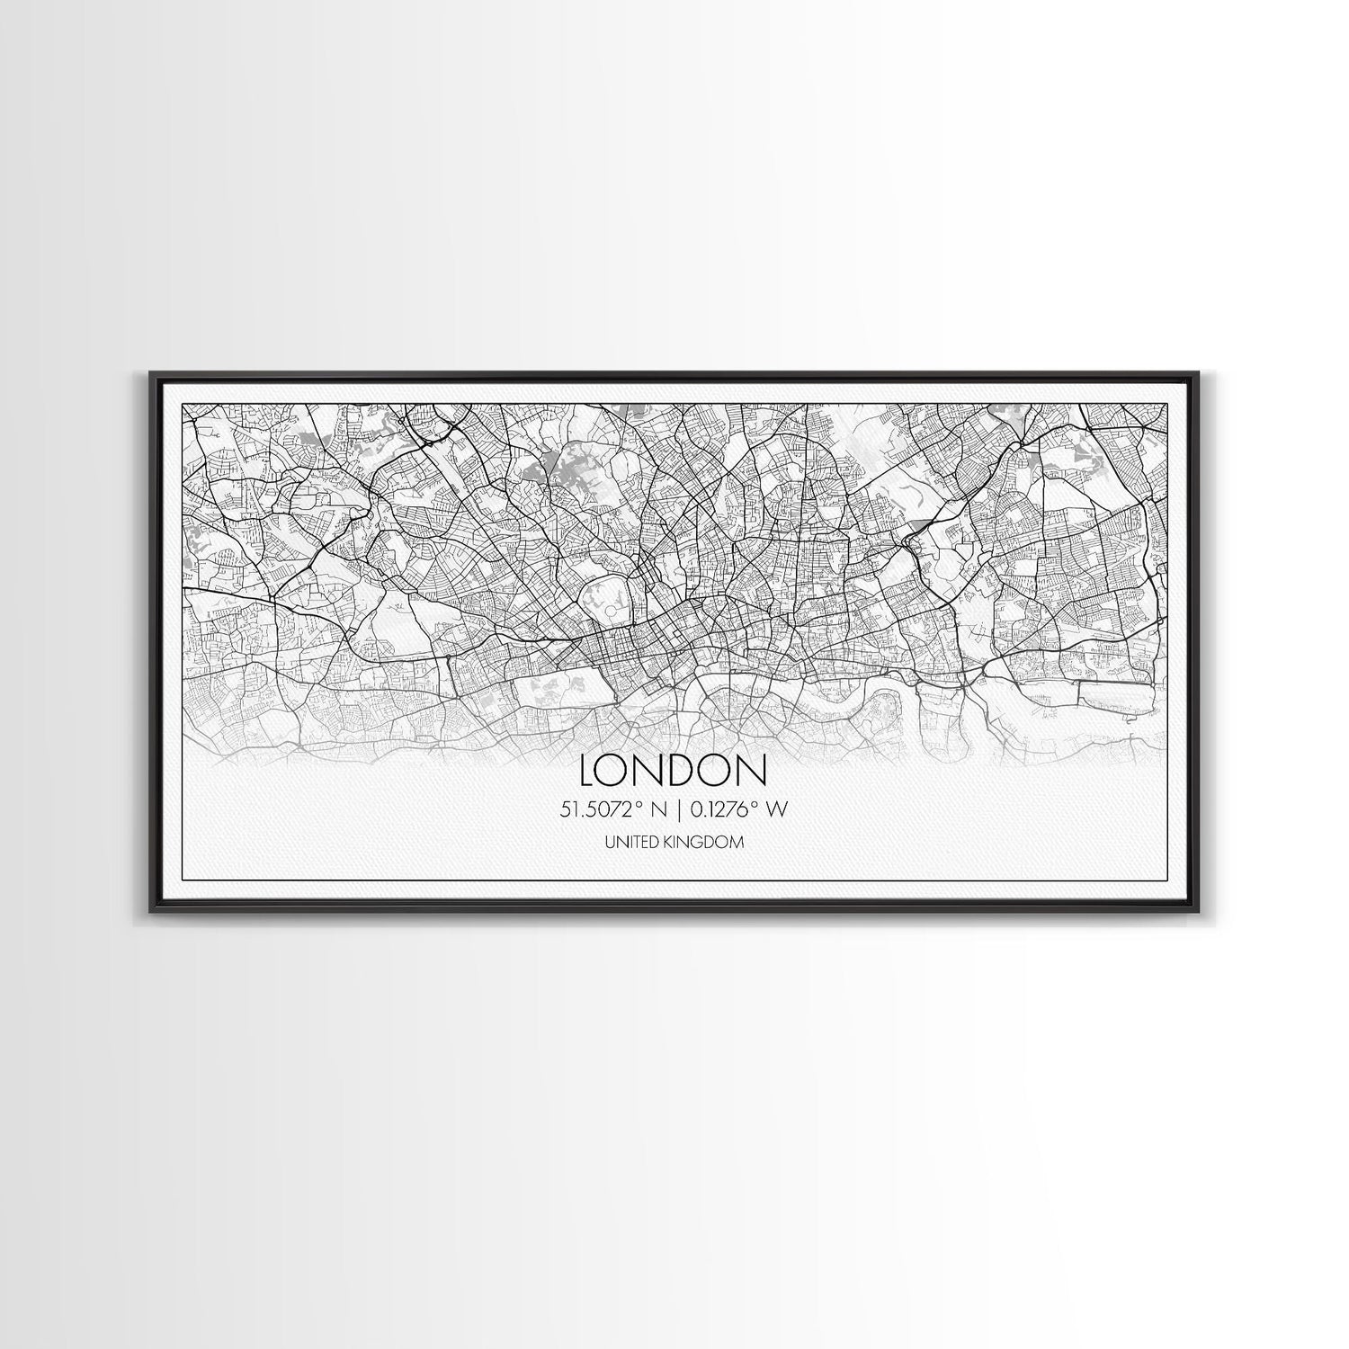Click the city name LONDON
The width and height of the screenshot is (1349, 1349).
(x=674, y=770)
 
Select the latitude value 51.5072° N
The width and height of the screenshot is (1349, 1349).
(x=613, y=810)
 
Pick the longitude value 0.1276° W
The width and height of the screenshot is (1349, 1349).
(x=738, y=810)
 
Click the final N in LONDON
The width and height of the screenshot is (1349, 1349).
(x=753, y=770)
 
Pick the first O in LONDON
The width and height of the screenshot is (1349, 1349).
(x=621, y=770)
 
